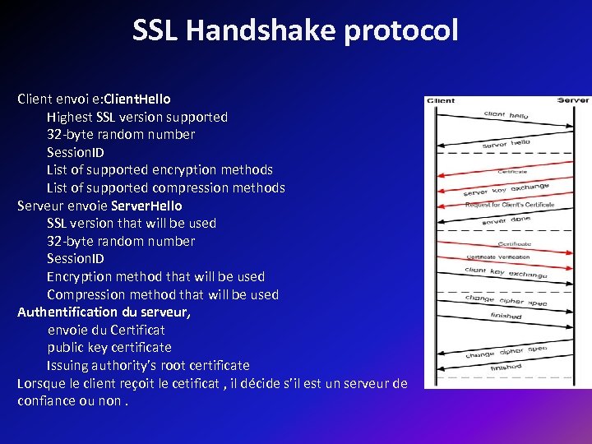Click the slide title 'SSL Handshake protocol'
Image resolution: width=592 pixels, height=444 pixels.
pyautogui.click(x=295, y=30)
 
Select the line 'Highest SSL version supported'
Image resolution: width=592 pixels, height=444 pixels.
pyautogui.click(x=137, y=117)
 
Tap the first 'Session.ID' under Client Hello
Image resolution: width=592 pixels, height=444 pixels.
pyautogui.click(x=76, y=152)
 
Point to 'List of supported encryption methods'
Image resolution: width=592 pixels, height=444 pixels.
pyautogui.click(x=160, y=169)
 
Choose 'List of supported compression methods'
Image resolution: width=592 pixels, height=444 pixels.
pyautogui.click(x=166, y=187)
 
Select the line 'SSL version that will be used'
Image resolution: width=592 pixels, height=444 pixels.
pyautogui.click(x=132, y=223)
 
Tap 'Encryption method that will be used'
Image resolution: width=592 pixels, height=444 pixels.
pyautogui.click(x=155, y=276)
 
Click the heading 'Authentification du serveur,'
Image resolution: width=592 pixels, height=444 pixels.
pyautogui.click(x=104, y=312)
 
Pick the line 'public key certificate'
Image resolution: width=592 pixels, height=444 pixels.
pyautogui.click(x=109, y=347)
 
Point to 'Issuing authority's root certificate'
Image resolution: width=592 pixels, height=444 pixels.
pyautogui.click(x=148, y=365)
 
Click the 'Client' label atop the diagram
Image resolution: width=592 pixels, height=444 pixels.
pyautogui.click(x=440, y=101)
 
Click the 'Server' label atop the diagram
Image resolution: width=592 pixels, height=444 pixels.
pyautogui.click(x=573, y=100)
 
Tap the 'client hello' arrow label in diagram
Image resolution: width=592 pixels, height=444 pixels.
pyautogui.click(x=506, y=116)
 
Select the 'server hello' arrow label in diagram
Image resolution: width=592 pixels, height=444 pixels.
pyautogui.click(x=506, y=143)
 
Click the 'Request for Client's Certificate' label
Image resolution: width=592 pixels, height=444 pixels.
pyautogui.click(x=510, y=204)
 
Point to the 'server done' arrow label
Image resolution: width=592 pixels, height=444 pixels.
pyautogui.click(x=506, y=220)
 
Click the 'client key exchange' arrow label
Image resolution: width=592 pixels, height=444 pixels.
pyautogui.click(x=506, y=272)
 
